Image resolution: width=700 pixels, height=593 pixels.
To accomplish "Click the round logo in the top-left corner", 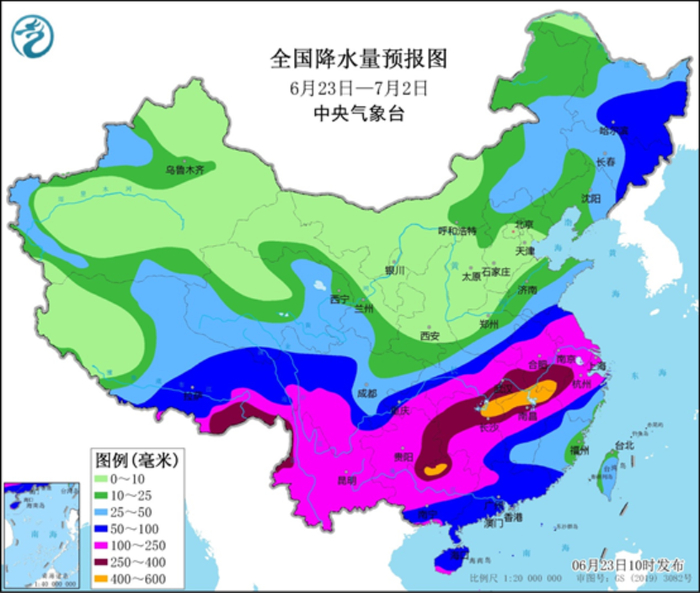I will pos(31,37).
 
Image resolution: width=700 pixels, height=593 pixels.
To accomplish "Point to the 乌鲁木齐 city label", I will pos(184,170).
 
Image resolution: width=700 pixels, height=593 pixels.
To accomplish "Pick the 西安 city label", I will pos(429,336).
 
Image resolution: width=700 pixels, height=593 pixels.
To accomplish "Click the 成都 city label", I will pos(364,393).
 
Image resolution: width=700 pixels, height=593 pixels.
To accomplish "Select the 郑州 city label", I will pos(489,325).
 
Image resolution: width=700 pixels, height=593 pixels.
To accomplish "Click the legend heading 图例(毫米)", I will pos(136,460).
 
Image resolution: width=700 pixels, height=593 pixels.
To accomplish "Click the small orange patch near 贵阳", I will pos(434,467).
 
